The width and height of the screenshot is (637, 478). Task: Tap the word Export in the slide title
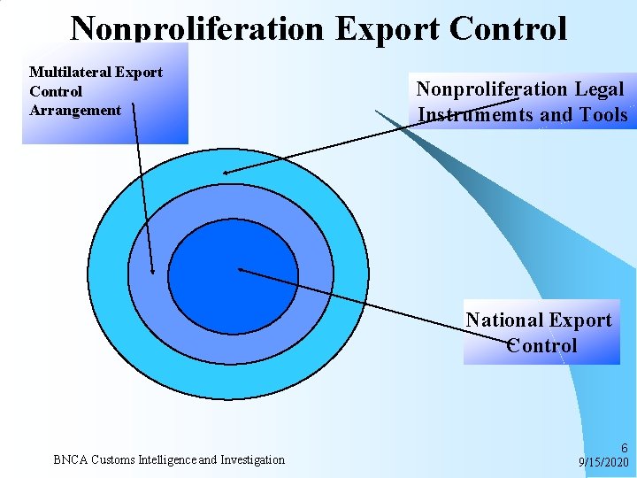point(387,29)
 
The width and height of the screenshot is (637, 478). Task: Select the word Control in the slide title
point(507,29)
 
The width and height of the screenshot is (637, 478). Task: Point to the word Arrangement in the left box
point(75,110)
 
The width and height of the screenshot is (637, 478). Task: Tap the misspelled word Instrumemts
point(475,115)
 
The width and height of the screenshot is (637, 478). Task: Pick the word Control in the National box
point(541,345)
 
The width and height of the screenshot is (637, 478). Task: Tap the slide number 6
point(624,449)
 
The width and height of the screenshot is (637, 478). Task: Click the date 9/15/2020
point(603,462)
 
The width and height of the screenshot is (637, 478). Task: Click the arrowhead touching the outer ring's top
point(226,173)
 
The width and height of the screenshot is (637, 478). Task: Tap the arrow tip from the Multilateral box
point(152,273)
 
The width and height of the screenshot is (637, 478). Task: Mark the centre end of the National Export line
point(240,268)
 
